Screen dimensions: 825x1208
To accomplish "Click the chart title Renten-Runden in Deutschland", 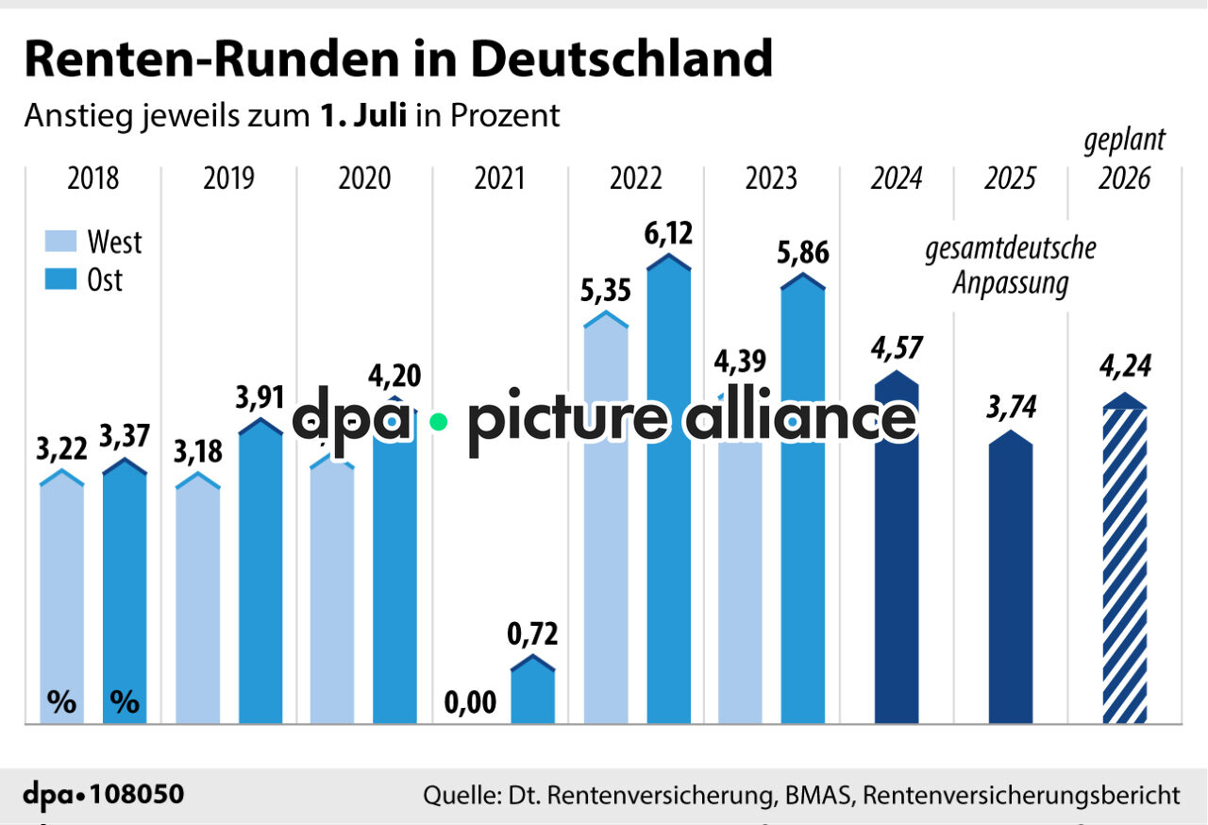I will tap(397, 59).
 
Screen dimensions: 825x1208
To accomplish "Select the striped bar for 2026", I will tap(1125, 566).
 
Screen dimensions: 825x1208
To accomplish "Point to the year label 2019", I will tap(228, 178).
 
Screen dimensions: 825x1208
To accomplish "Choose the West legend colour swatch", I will tap(61, 243).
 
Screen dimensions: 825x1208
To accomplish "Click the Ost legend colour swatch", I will tap(61, 280).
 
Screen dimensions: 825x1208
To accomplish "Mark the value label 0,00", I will tap(470, 703).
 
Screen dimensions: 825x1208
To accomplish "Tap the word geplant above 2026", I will tap(1124, 141).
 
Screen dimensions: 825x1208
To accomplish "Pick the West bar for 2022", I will tap(606, 529).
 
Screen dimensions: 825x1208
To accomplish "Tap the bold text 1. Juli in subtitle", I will tap(363, 115).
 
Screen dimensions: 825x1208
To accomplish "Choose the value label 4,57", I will tap(898, 348).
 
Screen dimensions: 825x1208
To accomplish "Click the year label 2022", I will tap(635, 178).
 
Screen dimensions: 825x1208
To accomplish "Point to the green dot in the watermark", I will tap(437, 422).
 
